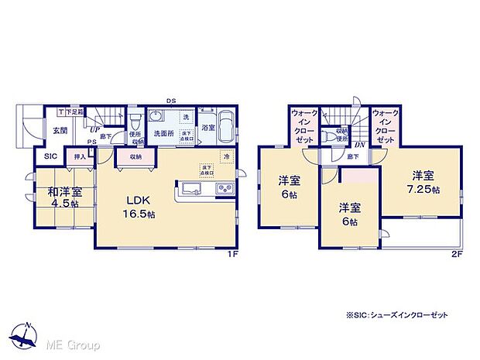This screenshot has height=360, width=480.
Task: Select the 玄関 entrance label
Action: (x=60, y=131)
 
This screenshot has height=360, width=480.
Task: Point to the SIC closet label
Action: (x=50, y=156)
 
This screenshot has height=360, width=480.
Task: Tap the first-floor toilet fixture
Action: (x=135, y=121)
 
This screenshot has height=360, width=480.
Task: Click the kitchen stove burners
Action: (x=221, y=189)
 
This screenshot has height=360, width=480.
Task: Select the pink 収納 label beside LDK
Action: (x=135, y=156)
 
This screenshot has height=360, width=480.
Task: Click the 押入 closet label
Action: (x=80, y=156)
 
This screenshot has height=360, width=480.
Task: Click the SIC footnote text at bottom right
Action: (x=402, y=315)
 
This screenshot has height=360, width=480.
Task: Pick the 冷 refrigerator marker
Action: (x=227, y=157)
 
